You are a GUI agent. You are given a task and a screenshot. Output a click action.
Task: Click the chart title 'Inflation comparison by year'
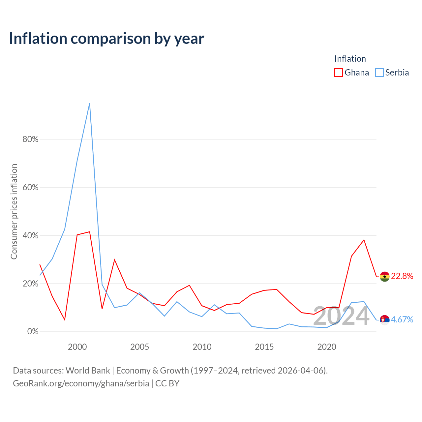tap(106, 39)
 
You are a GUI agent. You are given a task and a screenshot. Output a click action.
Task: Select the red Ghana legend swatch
tap(338, 73)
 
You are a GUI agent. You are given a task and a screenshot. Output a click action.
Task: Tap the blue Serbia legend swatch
tap(379, 73)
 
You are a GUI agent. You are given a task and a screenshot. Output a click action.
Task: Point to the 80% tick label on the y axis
tap(30, 139)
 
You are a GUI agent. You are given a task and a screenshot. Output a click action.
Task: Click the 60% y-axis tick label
tap(30, 187)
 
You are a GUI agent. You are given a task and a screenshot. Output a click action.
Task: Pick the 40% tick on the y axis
tap(30, 235)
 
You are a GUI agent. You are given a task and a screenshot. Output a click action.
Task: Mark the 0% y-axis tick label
tap(33, 331)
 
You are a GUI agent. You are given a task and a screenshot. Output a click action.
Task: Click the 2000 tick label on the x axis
tap(77, 347)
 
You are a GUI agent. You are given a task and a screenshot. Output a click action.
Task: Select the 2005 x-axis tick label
tap(139, 347)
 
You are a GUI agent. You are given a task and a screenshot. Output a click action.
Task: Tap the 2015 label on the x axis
tap(264, 347)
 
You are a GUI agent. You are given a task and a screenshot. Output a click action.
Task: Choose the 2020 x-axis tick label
tap(327, 347)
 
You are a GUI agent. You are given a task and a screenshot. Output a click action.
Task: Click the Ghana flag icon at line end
tap(384, 277)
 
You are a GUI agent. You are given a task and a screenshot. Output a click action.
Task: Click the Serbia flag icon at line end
tap(384, 320)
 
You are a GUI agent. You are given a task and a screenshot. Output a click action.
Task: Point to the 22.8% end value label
tap(402, 276)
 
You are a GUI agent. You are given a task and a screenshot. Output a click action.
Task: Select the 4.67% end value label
tap(402, 319)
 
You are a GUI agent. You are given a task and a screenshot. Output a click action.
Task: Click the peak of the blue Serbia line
tap(90, 104)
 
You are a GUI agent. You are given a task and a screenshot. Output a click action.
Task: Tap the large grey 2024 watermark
tap(341, 316)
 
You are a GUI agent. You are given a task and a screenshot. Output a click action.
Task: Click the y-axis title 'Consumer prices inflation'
tap(14, 212)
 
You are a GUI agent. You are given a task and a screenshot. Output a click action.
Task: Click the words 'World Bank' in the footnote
tap(88, 371)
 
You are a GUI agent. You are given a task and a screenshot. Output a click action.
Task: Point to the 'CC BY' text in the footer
tap(167, 383)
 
